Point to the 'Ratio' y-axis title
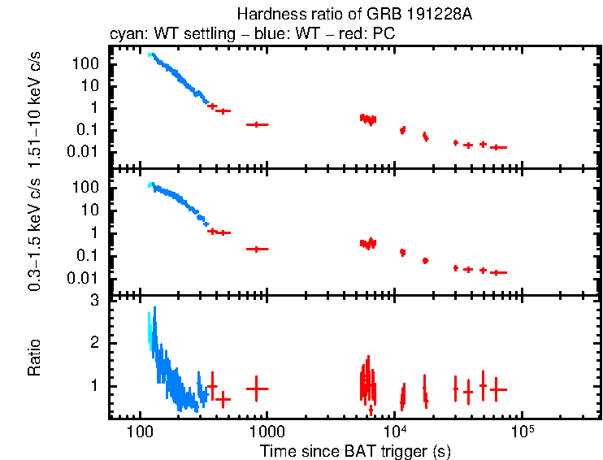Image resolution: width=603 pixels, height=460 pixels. pyautogui.click(x=35, y=358)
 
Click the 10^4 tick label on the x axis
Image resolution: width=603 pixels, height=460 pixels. pyautogui.click(x=394, y=431)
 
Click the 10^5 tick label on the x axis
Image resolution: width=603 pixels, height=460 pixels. pyautogui.click(x=521, y=431)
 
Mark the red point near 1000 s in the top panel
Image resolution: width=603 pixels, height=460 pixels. pyautogui.click(x=258, y=124)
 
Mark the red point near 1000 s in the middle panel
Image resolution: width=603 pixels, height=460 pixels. pyautogui.click(x=258, y=249)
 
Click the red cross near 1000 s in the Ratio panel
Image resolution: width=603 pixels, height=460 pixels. pyautogui.click(x=258, y=388)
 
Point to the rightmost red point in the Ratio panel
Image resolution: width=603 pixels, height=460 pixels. pyautogui.click(x=497, y=389)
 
